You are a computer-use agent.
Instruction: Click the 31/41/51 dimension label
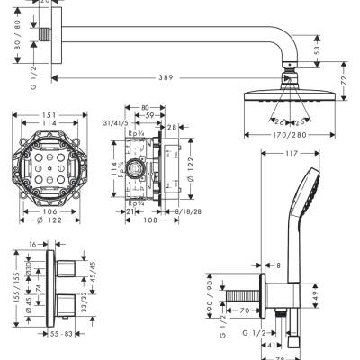click(x=119, y=123)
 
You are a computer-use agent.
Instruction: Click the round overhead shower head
click(x=291, y=97)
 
